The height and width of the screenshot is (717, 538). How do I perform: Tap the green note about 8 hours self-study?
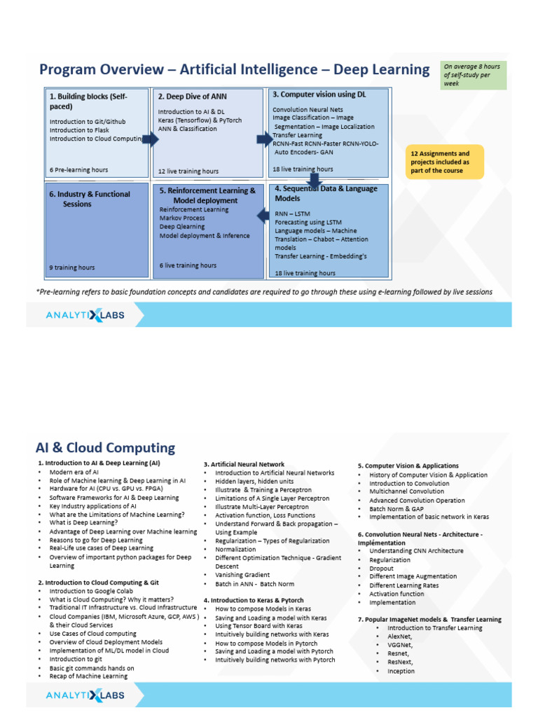(x=473, y=75)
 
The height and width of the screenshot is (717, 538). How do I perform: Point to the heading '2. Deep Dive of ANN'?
(x=192, y=97)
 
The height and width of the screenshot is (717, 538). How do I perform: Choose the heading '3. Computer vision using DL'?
(x=319, y=94)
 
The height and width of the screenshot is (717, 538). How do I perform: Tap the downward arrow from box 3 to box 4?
(x=313, y=179)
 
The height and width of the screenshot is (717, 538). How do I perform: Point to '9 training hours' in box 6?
(x=72, y=267)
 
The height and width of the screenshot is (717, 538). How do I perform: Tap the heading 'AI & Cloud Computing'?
(x=105, y=447)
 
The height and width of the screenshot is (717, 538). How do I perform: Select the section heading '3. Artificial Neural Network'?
(x=244, y=464)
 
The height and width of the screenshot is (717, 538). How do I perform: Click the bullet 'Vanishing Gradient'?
(x=242, y=575)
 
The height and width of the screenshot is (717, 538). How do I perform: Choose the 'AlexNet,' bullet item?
(x=399, y=636)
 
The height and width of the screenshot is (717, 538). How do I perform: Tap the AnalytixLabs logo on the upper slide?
(x=85, y=315)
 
